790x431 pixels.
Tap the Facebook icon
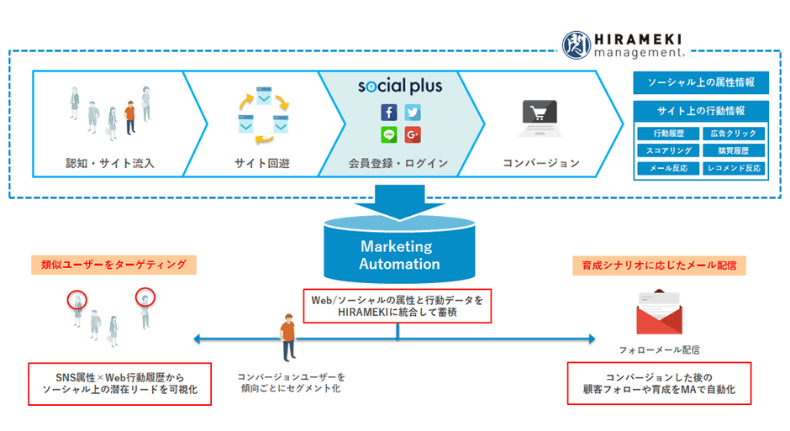click(x=388, y=113)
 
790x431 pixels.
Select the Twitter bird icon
click(x=412, y=113)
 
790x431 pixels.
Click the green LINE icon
click(x=388, y=134)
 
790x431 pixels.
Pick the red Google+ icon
click(x=412, y=134)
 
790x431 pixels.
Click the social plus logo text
click(x=399, y=86)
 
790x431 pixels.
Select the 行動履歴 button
click(x=667, y=134)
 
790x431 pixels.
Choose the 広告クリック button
click(x=733, y=134)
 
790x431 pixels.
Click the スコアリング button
click(x=667, y=151)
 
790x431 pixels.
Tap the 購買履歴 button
click(x=733, y=151)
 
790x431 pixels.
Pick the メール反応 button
click(x=667, y=168)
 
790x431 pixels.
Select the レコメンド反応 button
click(x=733, y=168)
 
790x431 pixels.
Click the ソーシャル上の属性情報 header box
click(x=701, y=82)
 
